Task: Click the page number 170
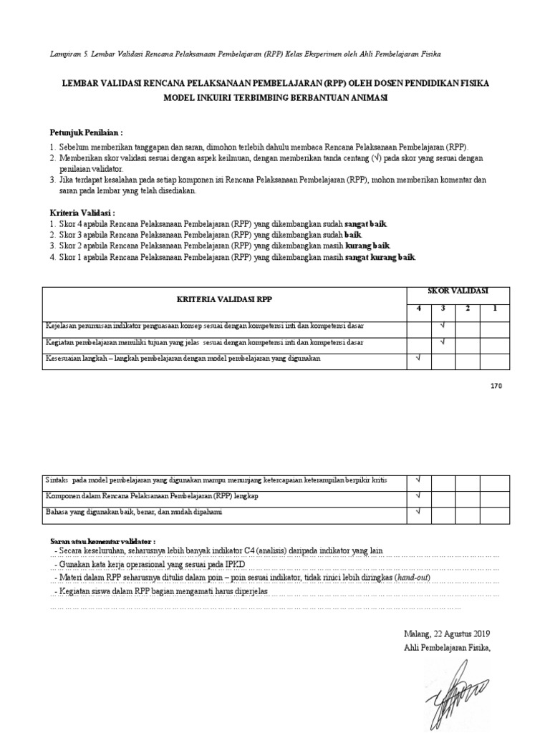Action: click(496, 386)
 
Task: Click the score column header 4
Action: click(419, 309)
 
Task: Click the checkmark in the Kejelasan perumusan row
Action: click(443, 326)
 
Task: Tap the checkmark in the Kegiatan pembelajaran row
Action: click(443, 341)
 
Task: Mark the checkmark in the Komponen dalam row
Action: click(419, 495)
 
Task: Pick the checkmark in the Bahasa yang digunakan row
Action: click(419, 511)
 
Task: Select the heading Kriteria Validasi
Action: click(82, 213)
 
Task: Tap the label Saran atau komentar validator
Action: click(102, 540)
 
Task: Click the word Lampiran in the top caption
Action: click(67, 54)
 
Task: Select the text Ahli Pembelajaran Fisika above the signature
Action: click(447, 648)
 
